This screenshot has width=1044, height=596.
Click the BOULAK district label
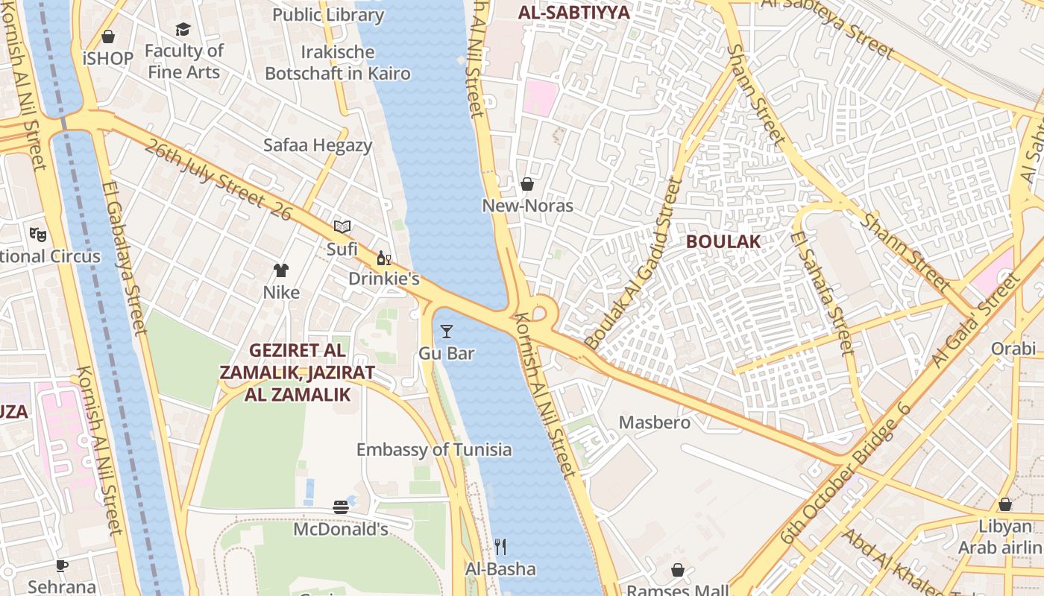(723, 241)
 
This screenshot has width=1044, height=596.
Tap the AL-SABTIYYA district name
(573, 12)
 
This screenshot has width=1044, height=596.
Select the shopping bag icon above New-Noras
(527, 184)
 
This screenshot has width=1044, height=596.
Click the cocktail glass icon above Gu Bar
(447, 332)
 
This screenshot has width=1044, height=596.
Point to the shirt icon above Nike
(281, 270)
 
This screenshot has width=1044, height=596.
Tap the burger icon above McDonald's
(341, 507)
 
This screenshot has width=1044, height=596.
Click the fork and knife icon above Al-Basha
(500, 547)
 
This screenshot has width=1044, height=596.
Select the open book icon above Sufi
(342, 226)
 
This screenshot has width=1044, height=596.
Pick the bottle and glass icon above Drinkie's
(384, 259)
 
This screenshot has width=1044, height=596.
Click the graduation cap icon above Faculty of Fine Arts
(183, 29)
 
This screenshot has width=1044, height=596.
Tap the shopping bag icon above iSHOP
(108, 37)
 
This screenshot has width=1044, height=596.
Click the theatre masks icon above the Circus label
(38, 235)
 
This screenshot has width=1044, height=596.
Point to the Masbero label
(655, 422)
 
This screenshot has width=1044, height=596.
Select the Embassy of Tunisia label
(434, 449)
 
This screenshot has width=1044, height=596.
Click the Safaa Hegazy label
(317, 145)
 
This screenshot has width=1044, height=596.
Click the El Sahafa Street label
(821, 292)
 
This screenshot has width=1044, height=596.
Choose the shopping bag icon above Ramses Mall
(678, 570)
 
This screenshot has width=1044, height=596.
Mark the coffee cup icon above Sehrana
(62, 566)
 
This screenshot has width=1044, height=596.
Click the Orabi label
(1013, 349)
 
